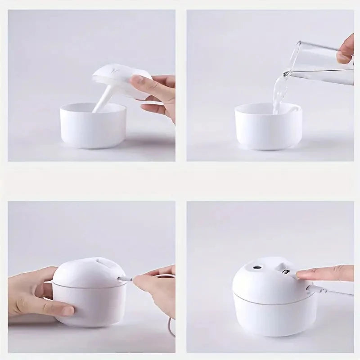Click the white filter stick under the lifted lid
click(x=103, y=100)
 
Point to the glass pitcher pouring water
click(x=322, y=63)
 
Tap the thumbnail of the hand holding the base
click(x=67, y=310)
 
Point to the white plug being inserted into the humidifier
click(x=124, y=279)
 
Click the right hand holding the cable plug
click(x=153, y=288)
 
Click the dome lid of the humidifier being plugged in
click(x=90, y=270)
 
